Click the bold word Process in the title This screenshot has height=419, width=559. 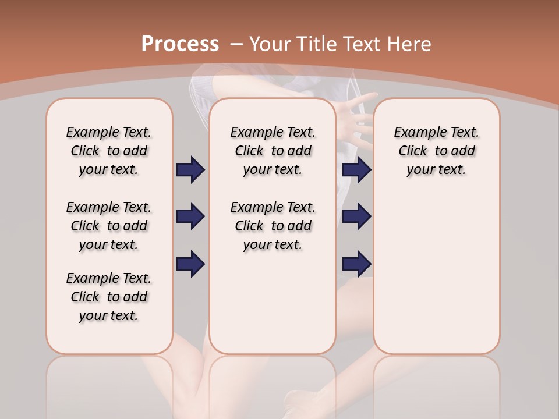[x=180, y=44]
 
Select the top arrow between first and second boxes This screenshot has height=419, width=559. [x=190, y=170]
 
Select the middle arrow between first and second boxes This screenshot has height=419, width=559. [x=190, y=216]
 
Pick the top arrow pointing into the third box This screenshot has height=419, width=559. [x=356, y=170]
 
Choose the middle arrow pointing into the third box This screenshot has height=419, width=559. [x=356, y=216]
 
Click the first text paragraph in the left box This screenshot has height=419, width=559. [x=109, y=151]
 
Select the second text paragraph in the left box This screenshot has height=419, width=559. [x=109, y=226]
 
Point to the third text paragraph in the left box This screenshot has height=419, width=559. [x=109, y=297]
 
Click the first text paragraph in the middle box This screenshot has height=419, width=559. [x=273, y=151]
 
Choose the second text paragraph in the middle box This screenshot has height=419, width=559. [x=273, y=226]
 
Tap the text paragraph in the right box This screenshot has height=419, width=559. [x=436, y=151]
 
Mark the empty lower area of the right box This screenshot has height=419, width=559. [x=436, y=274]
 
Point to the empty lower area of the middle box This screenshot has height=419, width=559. [x=273, y=303]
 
